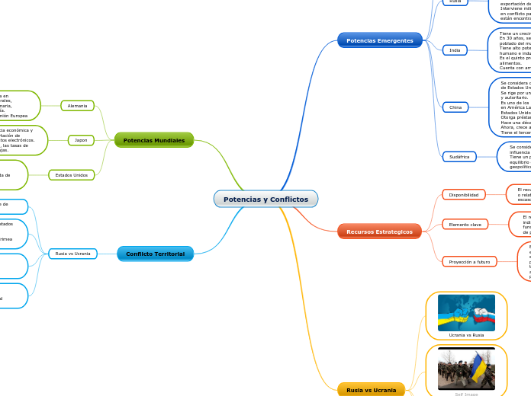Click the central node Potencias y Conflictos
click(x=265, y=199)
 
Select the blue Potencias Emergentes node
click(x=379, y=40)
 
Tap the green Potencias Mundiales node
click(x=153, y=140)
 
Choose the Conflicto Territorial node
click(x=155, y=254)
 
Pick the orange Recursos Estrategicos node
click(x=379, y=232)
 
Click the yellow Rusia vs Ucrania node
click(x=371, y=390)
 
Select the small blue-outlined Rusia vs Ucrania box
click(x=72, y=254)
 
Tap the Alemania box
click(x=77, y=106)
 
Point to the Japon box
click(x=81, y=140)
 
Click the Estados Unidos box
click(x=72, y=175)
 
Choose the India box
click(x=455, y=50)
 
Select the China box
click(x=455, y=107)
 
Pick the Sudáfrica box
click(x=459, y=156)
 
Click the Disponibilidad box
click(x=463, y=195)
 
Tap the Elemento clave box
click(x=465, y=225)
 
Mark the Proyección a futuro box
click(x=468, y=261)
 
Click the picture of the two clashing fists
click(x=466, y=312)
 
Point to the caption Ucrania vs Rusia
click(x=466, y=335)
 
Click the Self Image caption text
click(x=466, y=394)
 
